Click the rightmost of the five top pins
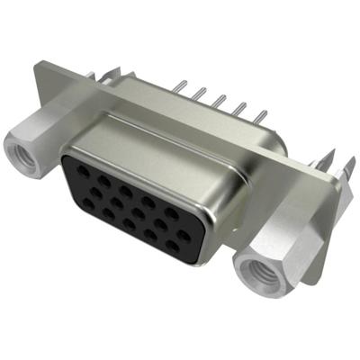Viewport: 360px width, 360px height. click(x=264, y=114)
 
